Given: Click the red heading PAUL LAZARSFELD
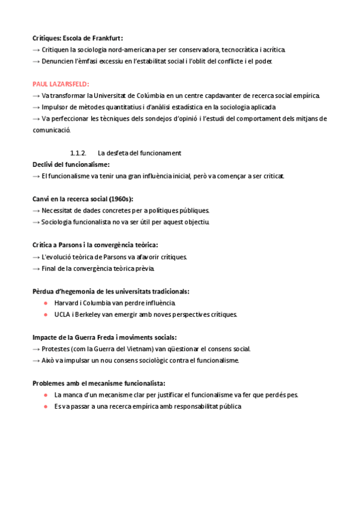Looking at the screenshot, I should point(61,84).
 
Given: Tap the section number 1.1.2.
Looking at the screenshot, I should point(79,153).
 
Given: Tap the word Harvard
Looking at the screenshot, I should point(67,303).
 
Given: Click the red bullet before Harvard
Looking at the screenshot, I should point(46,303).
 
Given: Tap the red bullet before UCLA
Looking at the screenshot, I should point(46,314).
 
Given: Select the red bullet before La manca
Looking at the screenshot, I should point(46,395).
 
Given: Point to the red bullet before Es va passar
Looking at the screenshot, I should point(46,406).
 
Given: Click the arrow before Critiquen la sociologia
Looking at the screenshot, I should point(36,49).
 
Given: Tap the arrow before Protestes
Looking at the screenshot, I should point(36,349).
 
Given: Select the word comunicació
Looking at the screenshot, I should point(52,130).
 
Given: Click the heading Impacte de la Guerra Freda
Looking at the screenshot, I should point(104,337).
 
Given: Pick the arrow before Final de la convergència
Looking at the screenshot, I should point(36,268).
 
